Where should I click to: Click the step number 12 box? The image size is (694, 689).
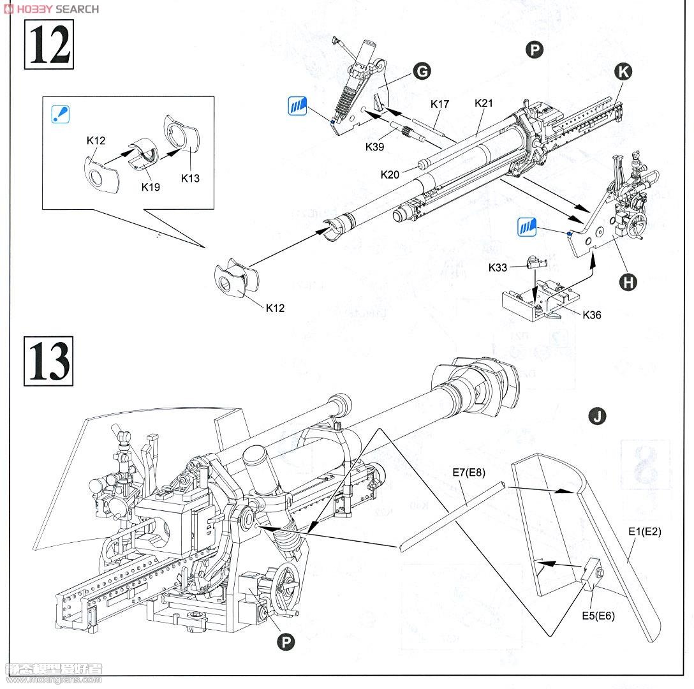49,44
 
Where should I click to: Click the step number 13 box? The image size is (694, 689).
49,361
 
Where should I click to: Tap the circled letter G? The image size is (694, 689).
422,71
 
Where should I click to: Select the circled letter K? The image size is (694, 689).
623,72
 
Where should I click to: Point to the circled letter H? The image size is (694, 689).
628,281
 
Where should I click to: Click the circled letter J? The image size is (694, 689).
597,417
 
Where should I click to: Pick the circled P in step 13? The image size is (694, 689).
286,642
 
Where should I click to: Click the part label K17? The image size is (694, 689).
439,103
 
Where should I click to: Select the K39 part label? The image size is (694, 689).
376,147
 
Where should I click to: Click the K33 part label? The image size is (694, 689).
498,267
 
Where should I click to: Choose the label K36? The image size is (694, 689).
591,315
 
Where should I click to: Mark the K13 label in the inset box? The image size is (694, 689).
190,178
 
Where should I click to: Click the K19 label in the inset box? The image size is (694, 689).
151,188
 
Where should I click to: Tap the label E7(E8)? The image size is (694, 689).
470,472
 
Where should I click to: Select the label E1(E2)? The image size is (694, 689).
645,531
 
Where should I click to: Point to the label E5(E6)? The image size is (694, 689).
598,616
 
